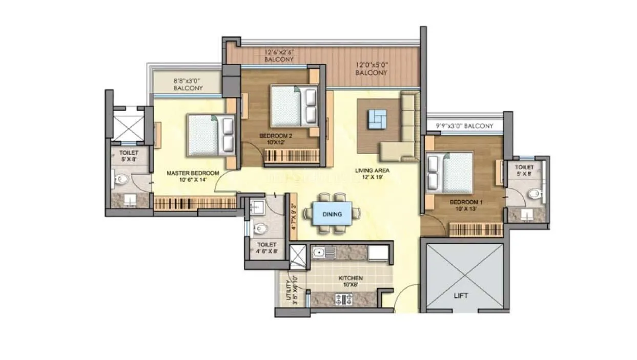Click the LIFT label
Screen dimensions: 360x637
click(461, 295)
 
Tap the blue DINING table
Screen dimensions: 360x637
click(332, 214)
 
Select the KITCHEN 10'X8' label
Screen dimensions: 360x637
click(351, 281)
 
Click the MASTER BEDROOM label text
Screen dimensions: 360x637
click(193, 176)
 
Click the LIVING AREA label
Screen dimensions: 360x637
click(372, 174)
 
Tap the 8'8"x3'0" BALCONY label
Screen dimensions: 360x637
click(188, 84)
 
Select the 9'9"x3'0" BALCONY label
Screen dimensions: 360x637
click(464, 126)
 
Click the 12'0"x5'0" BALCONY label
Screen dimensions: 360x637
click(372, 69)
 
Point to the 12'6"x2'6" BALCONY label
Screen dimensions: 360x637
click(279, 55)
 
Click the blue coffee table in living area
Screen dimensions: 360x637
click(378, 119)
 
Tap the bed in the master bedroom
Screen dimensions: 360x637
click(211, 135)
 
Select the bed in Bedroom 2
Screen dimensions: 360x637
click(294, 105)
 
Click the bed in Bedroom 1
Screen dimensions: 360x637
click(450, 173)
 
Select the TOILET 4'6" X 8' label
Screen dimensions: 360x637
click(266, 248)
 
